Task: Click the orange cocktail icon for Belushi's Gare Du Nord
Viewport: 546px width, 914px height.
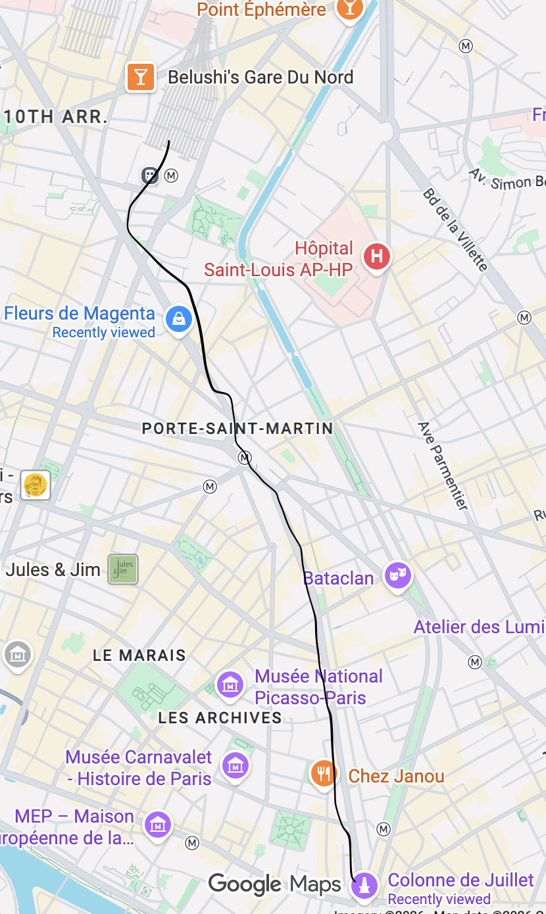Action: pyautogui.click(x=140, y=77)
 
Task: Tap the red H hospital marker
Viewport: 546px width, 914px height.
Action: pyautogui.click(x=378, y=256)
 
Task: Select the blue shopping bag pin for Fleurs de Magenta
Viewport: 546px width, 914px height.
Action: pyautogui.click(x=178, y=320)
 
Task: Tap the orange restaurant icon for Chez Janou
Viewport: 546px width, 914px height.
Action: pyautogui.click(x=324, y=773)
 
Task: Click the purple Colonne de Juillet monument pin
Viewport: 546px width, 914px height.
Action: pyautogui.click(x=364, y=886)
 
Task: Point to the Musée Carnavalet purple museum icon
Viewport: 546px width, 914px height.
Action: pyautogui.click(x=236, y=765)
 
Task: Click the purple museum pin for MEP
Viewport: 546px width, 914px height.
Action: pyautogui.click(x=158, y=825)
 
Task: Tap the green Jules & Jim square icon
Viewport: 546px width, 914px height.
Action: pyautogui.click(x=123, y=569)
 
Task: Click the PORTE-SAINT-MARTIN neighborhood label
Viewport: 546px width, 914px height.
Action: pyautogui.click(x=237, y=429)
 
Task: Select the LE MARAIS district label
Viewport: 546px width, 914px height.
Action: pyautogui.click(x=139, y=655)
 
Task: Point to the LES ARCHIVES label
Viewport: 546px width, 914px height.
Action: pyautogui.click(x=220, y=717)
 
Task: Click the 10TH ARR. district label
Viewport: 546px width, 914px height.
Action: pyautogui.click(x=55, y=117)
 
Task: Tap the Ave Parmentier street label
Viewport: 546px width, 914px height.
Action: pyautogui.click(x=443, y=466)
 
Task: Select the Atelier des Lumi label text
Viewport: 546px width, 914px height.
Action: pyautogui.click(x=479, y=627)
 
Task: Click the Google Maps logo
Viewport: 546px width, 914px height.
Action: pyautogui.click(x=274, y=884)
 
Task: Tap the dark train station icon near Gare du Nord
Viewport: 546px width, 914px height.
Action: pyautogui.click(x=151, y=176)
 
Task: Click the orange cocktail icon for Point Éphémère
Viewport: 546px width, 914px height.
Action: pyautogui.click(x=349, y=9)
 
